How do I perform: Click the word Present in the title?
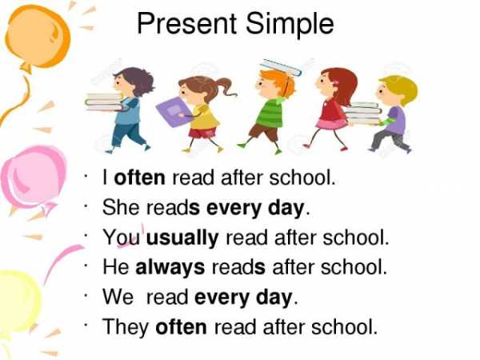pos(186,23)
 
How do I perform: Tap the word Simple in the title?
pos(290,25)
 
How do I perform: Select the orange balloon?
pos(38,37)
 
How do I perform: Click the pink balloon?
pos(33,178)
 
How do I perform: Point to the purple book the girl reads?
pos(174,111)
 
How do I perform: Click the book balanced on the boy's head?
pos(280,68)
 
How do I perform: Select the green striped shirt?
pos(270,113)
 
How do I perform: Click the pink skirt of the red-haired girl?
pos(332,124)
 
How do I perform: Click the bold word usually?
pos(182,238)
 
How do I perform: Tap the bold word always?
pos(170,267)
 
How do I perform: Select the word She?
pos(121,207)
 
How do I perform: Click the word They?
pos(126,327)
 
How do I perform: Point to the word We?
pos(118,298)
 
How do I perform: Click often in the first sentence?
pos(139,178)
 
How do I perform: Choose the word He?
pos(116,267)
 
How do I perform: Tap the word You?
pos(122,238)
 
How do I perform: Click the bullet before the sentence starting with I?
pos(86,176)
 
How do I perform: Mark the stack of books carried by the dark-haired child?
pos(104,102)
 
